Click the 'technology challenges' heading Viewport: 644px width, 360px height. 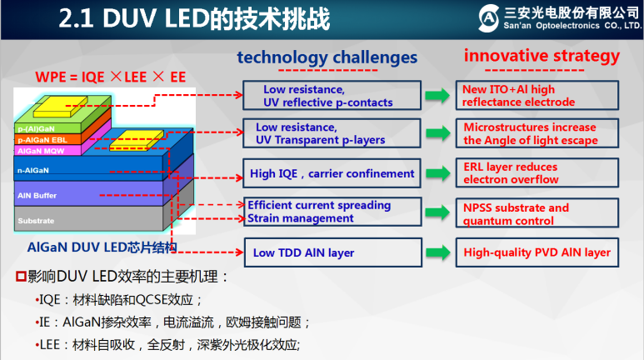[x=327, y=57]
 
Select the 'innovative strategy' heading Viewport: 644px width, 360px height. [x=542, y=57]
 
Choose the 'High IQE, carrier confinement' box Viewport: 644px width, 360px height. [x=332, y=174]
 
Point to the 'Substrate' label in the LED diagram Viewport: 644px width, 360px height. [x=36, y=221]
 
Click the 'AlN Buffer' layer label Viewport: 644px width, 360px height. [x=37, y=194]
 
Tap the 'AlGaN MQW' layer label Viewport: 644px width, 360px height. [x=36, y=150]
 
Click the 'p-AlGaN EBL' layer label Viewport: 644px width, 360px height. [x=37, y=140]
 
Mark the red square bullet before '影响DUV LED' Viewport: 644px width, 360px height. [x=22, y=276]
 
